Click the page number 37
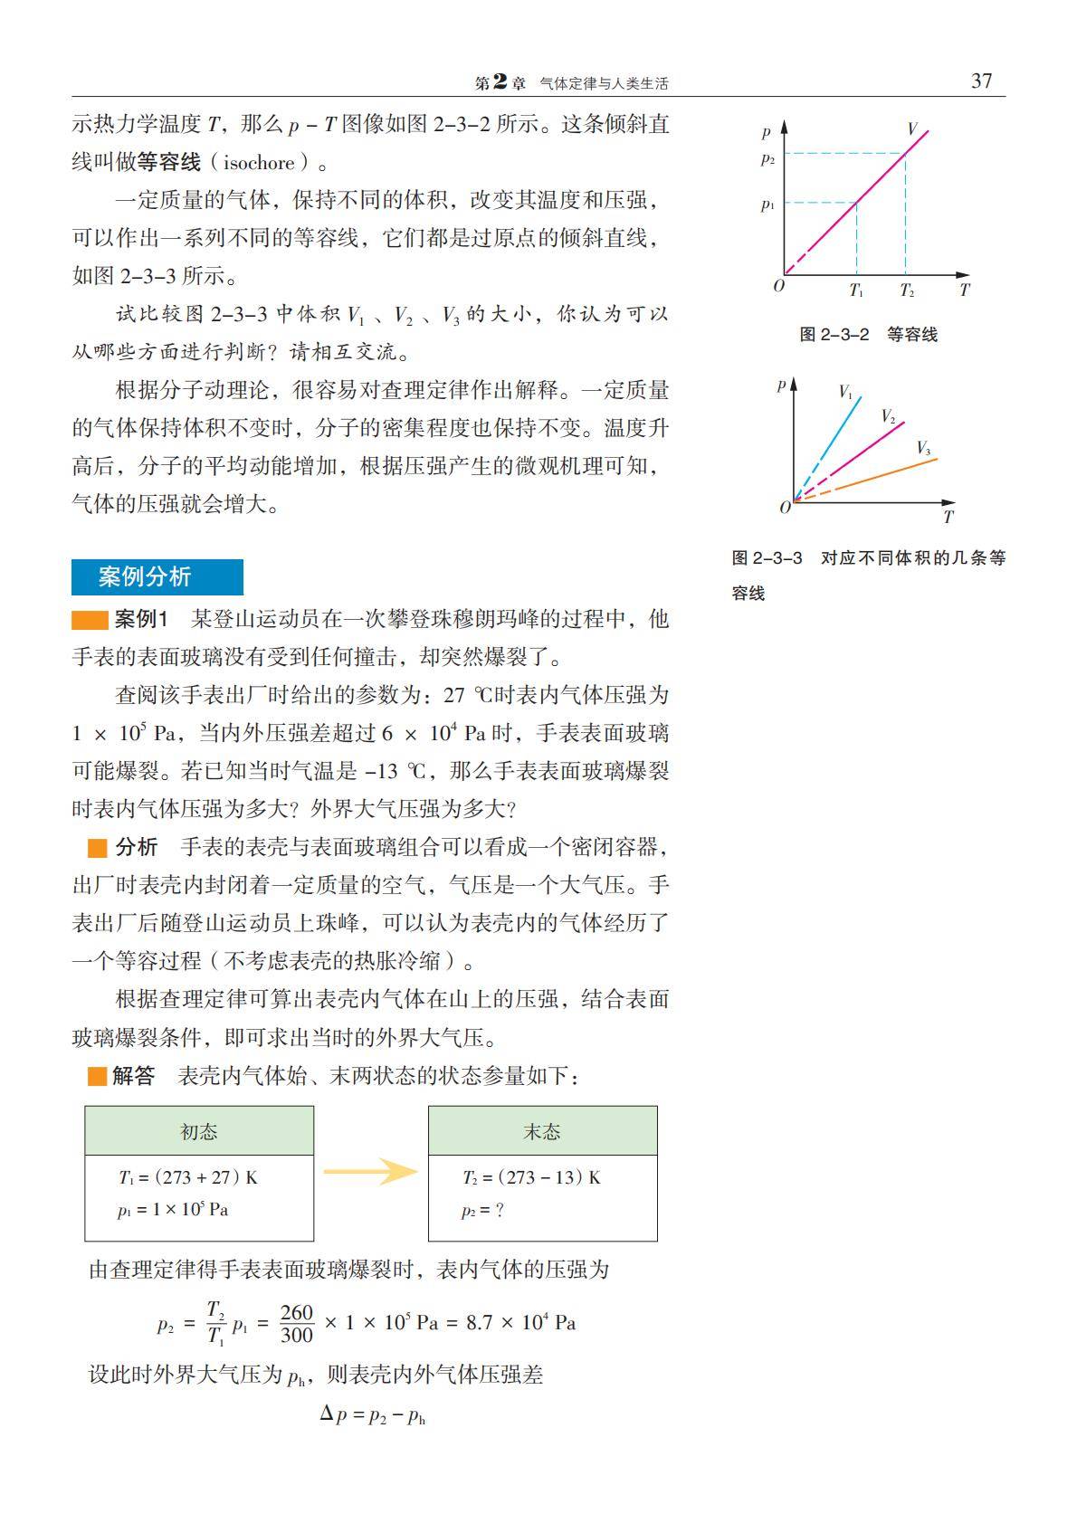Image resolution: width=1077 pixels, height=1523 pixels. pos(981,81)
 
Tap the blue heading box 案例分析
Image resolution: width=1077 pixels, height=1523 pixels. pos(157,577)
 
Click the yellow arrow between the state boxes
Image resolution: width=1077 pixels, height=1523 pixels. pos(370,1172)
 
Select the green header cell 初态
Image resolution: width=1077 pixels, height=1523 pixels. pos(199,1131)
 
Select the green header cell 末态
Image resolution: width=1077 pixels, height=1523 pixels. pos(542,1131)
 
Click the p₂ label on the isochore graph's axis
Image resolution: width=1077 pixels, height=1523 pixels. pos(767,159)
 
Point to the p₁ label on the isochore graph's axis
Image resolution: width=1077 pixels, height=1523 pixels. pos(767,205)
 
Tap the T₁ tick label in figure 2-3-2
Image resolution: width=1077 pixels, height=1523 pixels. pos(856,290)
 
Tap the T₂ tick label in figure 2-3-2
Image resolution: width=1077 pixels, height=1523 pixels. pos(906,290)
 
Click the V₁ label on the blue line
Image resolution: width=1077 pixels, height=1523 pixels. pos(845,392)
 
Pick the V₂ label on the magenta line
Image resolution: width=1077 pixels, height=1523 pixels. pos(888,416)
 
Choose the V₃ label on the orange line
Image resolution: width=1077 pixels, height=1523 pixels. pos(923,448)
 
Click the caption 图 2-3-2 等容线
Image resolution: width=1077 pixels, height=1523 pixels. pos(868,335)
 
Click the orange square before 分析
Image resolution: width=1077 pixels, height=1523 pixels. pos(97,848)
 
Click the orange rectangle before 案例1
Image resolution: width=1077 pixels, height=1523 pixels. pos(90,621)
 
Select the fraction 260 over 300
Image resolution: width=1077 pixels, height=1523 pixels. pos(296,1323)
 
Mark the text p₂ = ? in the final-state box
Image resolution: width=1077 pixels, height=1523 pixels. pos(482,1211)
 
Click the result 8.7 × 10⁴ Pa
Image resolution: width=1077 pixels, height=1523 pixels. pos(520,1323)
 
